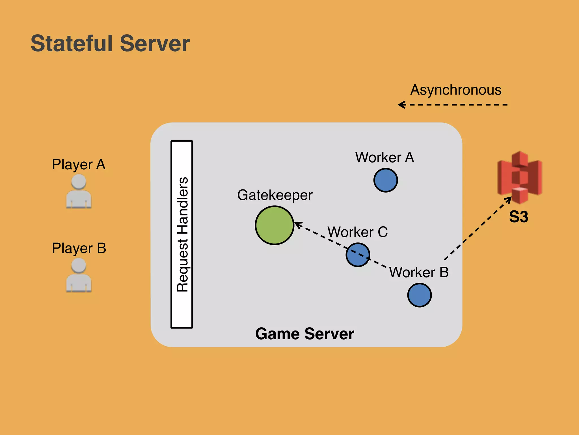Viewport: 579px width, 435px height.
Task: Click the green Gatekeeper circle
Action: pyautogui.click(x=275, y=225)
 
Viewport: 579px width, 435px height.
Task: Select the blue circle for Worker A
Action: pyautogui.click(x=386, y=180)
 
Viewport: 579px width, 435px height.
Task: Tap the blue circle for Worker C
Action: pyautogui.click(x=358, y=255)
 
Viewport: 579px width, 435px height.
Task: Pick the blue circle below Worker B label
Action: pyautogui.click(x=419, y=295)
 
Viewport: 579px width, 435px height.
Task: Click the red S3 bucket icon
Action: pyautogui.click(x=520, y=178)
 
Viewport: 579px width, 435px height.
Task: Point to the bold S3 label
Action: pyautogui.click(x=518, y=217)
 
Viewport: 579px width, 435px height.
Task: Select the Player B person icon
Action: pyautogui.click(x=79, y=275)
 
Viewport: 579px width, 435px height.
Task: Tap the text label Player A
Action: pyautogui.click(x=79, y=165)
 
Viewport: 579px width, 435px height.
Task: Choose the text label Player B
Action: pyautogui.click(x=79, y=248)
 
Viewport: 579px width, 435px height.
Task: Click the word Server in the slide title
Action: pyautogui.click(x=155, y=44)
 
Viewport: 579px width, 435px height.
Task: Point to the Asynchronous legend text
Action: pyautogui.click(x=456, y=90)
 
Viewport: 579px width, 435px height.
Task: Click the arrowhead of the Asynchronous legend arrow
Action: pyautogui.click(x=401, y=105)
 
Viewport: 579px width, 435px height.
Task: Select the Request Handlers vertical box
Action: pyautogui.click(x=182, y=234)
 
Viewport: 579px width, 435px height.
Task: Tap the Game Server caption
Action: pyautogui.click(x=304, y=334)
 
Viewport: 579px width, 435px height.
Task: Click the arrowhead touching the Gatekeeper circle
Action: pyautogui.click(x=297, y=224)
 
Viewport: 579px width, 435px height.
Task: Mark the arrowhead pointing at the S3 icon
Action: pyautogui.click(x=509, y=199)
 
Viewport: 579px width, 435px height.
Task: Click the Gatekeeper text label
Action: pyautogui.click(x=275, y=195)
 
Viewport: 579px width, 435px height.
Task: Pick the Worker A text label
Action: pyautogui.click(x=384, y=157)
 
